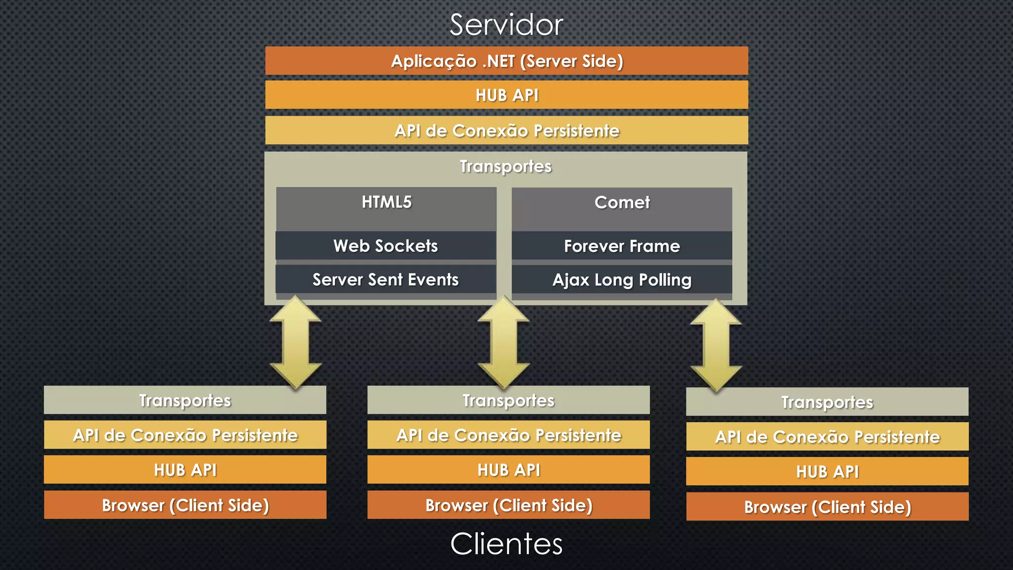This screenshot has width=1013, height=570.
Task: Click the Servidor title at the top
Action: (506, 25)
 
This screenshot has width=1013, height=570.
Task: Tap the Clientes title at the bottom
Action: (506, 544)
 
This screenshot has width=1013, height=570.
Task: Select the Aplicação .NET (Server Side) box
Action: (506, 61)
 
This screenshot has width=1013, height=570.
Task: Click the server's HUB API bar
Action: (506, 95)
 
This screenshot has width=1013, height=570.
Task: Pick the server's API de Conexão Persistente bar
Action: (506, 131)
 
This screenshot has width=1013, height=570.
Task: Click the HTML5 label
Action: (386, 202)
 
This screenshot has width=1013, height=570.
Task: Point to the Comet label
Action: (622, 202)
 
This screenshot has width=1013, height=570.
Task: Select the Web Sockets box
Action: (386, 246)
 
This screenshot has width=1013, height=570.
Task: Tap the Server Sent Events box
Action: (386, 280)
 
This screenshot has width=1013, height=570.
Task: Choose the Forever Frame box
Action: (622, 246)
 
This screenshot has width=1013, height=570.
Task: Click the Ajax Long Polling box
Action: (622, 280)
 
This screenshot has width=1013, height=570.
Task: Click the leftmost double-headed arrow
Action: (296, 342)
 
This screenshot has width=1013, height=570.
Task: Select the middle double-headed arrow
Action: (504, 342)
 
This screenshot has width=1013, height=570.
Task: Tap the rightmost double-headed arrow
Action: (716, 345)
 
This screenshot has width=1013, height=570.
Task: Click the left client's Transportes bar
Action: (185, 400)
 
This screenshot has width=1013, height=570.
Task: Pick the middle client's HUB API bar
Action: (508, 470)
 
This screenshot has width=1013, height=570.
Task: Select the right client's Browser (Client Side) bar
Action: (827, 507)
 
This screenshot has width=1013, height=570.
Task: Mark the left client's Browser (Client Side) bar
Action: (185, 505)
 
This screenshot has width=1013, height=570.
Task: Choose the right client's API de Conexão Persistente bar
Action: (827, 436)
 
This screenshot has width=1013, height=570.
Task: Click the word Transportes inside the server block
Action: (506, 166)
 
